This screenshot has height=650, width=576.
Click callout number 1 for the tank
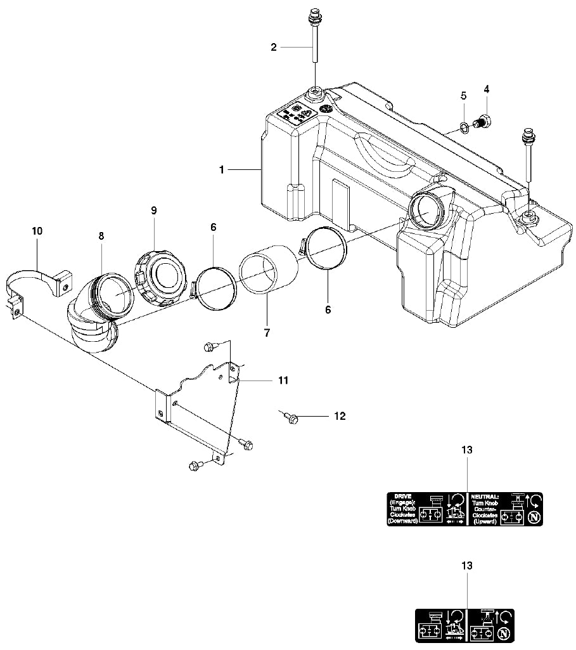(x=221, y=170)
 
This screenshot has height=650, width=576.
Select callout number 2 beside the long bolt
(x=274, y=47)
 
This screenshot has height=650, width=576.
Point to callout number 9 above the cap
(x=153, y=210)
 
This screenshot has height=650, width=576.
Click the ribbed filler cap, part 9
(x=161, y=276)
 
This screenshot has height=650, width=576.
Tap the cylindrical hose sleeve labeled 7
(x=269, y=273)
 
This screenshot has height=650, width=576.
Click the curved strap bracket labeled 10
(x=38, y=282)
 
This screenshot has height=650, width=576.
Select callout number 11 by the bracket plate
(x=283, y=380)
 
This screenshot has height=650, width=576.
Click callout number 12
(x=340, y=416)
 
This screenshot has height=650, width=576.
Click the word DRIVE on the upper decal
(x=402, y=496)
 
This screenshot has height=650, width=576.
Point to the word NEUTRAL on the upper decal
(x=485, y=497)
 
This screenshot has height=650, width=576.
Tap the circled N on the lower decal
(x=504, y=633)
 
